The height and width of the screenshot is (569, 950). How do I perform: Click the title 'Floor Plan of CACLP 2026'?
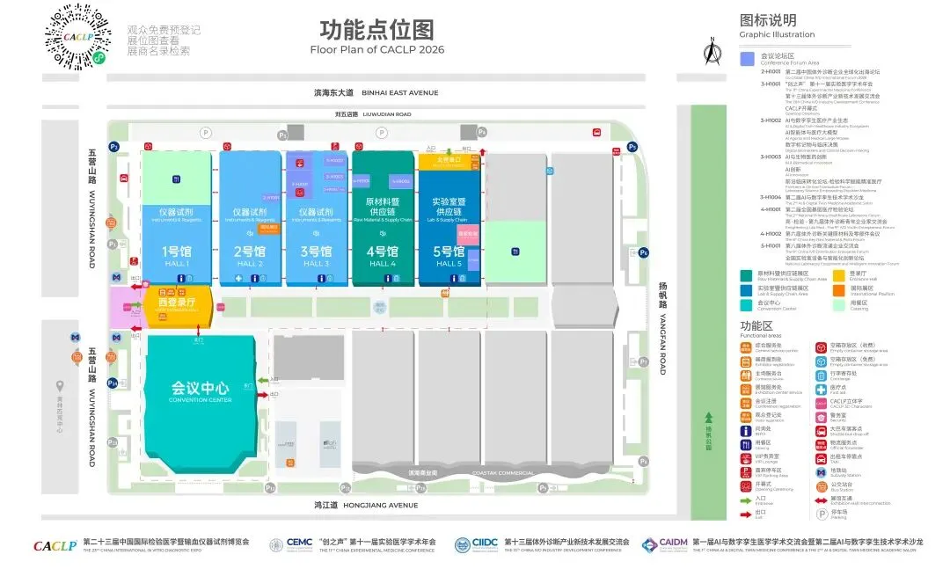pyautogui.click(x=376, y=49)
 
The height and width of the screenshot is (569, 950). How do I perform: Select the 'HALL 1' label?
pyautogui.click(x=175, y=264)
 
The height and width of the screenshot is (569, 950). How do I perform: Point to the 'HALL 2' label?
pyautogui.click(x=250, y=264)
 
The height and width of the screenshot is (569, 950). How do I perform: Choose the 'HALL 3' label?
pyautogui.click(x=315, y=264)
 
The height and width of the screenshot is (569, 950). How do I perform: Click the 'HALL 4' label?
pyautogui.click(x=383, y=264)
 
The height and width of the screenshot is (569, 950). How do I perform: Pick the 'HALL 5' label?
pyautogui.click(x=449, y=264)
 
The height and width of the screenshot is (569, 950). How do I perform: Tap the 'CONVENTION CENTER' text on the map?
pyautogui.click(x=201, y=400)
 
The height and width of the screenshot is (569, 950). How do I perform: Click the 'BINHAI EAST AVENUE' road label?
pyautogui.click(x=399, y=92)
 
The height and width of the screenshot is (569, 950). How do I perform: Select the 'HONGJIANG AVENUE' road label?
pyautogui.click(x=382, y=506)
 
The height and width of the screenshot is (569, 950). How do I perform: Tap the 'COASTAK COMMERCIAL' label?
pyautogui.click(x=503, y=473)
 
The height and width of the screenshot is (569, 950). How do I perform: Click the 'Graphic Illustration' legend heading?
pyautogui.click(x=777, y=35)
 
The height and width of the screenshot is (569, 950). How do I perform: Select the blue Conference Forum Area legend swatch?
pyautogui.click(x=747, y=60)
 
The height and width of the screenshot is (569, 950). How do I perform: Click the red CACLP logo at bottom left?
pyautogui.click(x=55, y=546)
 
